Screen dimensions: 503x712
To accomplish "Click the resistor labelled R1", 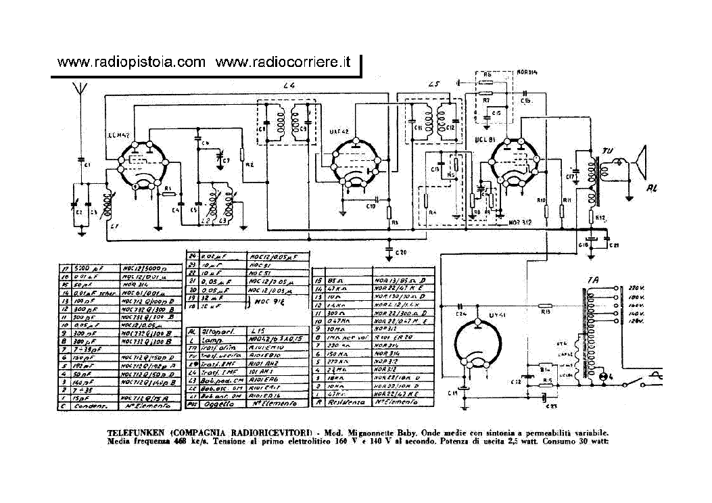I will tap(168, 193).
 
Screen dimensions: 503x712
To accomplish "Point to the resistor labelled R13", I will tap(545, 312).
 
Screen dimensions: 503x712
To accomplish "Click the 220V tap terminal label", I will tap(633, 287).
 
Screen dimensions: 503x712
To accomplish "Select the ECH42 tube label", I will tap(118, 136).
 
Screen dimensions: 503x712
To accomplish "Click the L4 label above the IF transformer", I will tap(289, 85).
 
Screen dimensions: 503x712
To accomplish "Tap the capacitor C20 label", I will tap(401, 253).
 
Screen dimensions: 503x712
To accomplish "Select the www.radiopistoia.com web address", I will tap(131, 62).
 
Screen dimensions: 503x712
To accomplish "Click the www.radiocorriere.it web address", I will tap(283, 62).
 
